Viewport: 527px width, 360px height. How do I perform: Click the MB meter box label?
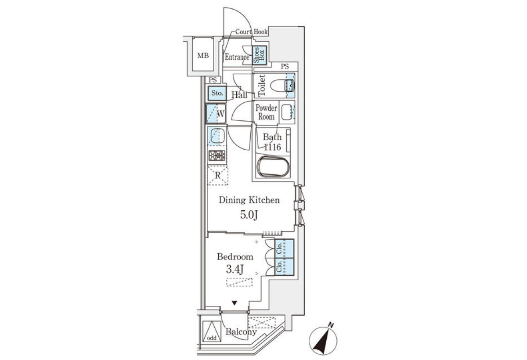(x=203, y=56)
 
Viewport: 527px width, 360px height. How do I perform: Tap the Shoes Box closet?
(x=260, y=55)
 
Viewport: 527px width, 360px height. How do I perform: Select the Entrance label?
(x=237, y=57)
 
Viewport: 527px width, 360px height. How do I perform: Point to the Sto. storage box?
(x=217, y=93)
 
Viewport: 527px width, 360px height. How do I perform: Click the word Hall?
(x=239, y=95)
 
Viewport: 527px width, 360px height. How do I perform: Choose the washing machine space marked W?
(x=216, y=114)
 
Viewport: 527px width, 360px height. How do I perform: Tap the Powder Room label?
(x=266, y=112)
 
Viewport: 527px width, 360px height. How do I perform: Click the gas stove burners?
(x=217, y=155)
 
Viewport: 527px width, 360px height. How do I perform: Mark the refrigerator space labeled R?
(x=218, y=175)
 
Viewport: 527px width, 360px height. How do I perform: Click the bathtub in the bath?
(x=273, y=166)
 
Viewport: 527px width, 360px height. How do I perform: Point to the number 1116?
(x=272, y=147)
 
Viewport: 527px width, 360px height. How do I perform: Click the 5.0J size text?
(x=249, y=215)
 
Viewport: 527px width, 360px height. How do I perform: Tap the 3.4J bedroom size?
(x=235, y=270)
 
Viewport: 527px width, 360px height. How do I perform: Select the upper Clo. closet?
(x=284, y=248)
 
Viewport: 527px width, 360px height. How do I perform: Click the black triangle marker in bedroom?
(x=234, y=303)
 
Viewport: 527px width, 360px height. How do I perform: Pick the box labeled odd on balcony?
(x=212, y=331)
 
